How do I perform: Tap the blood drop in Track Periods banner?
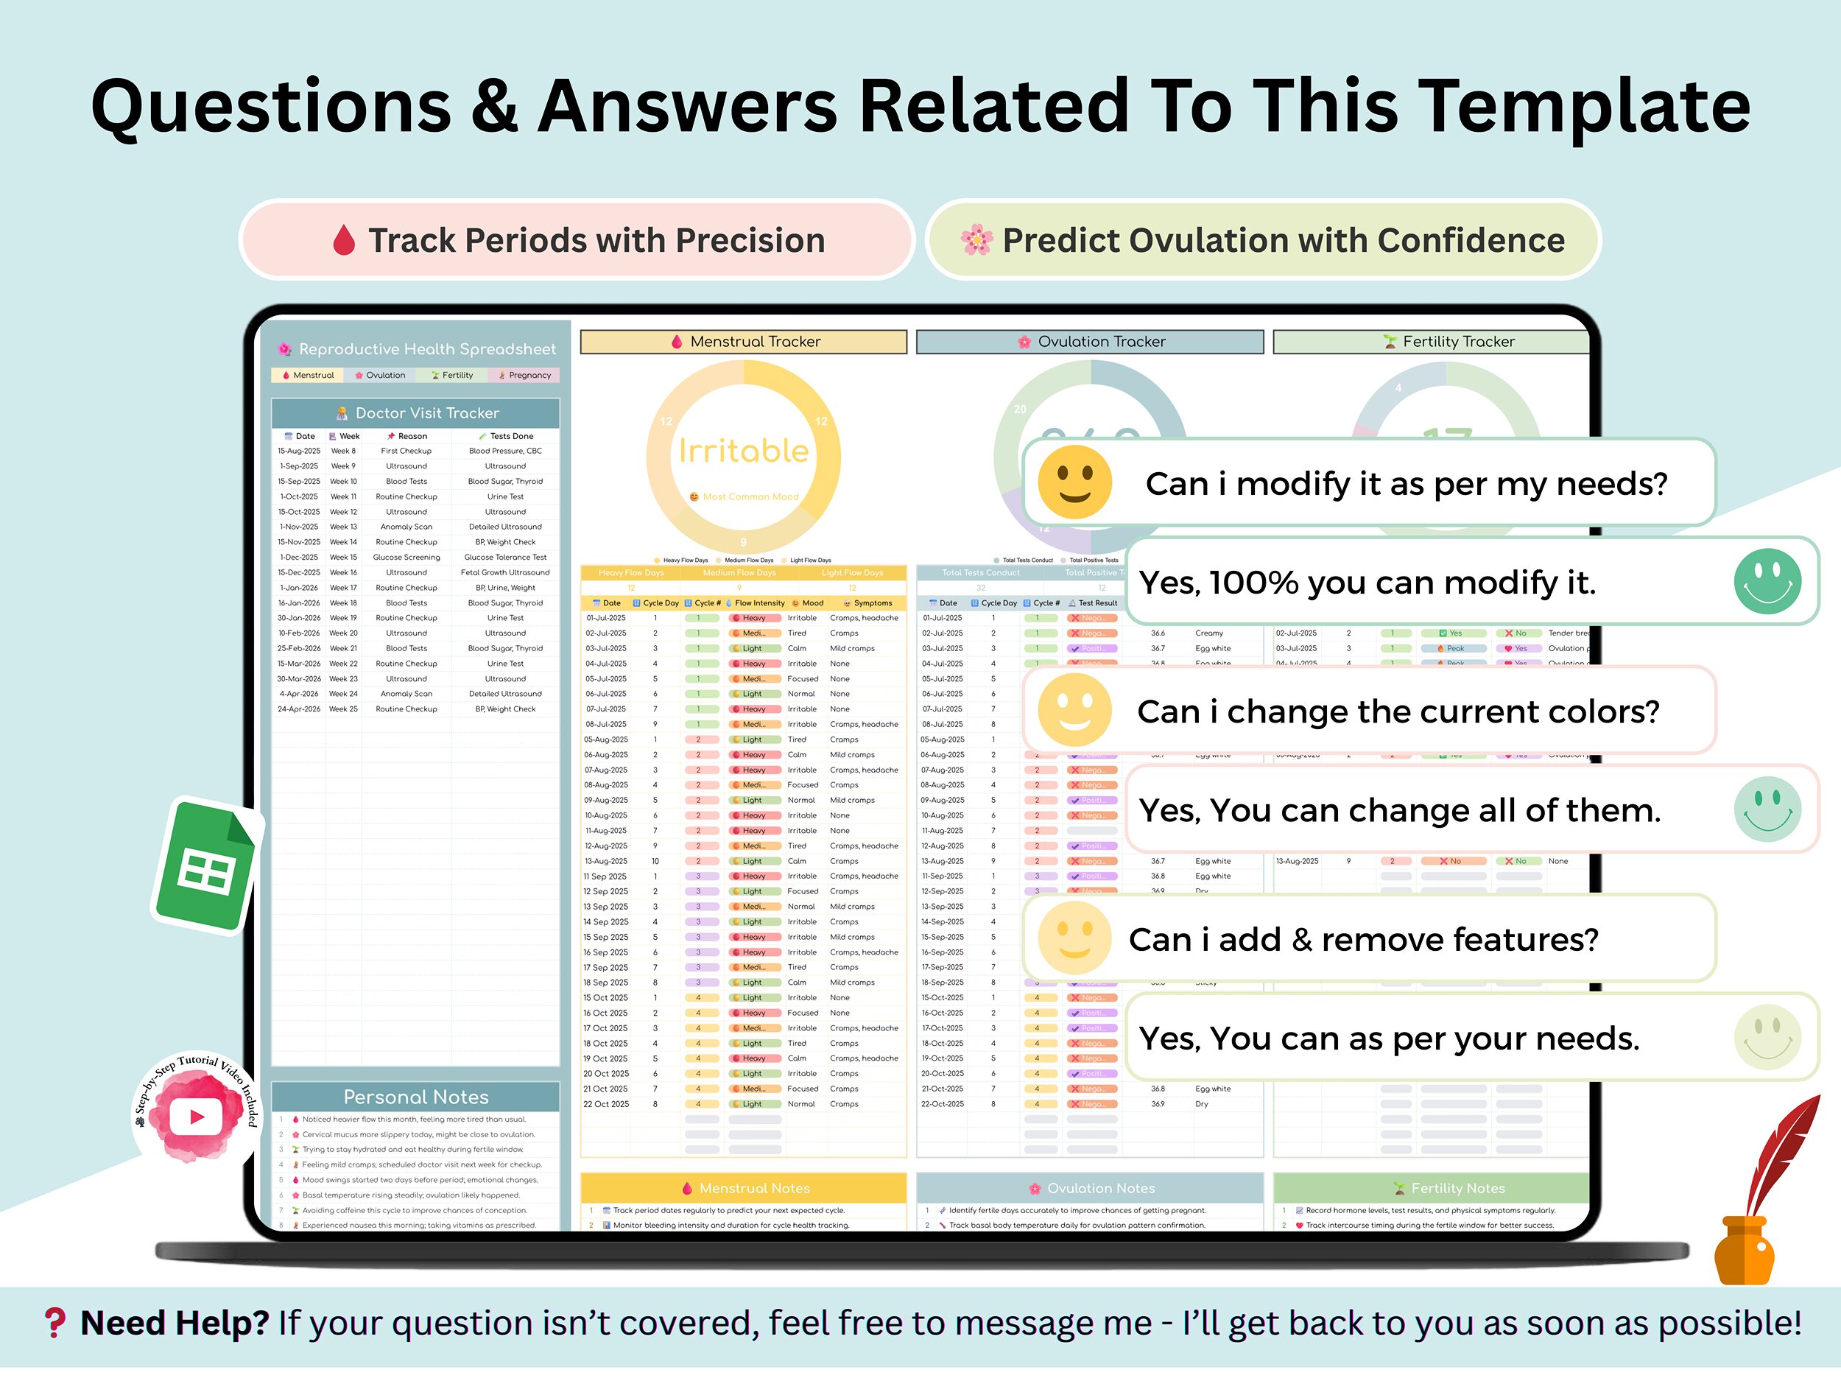coord(344,241)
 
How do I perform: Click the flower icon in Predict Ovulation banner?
coord(976,241)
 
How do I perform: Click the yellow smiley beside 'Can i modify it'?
coord(1074,483)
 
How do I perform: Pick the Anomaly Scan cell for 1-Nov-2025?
coord(406,527)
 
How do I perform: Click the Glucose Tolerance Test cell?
coord(505,557)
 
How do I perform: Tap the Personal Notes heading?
coord(416,1097)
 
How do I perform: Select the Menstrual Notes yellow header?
coord(743,1188)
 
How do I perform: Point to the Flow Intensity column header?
coord(757,602)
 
